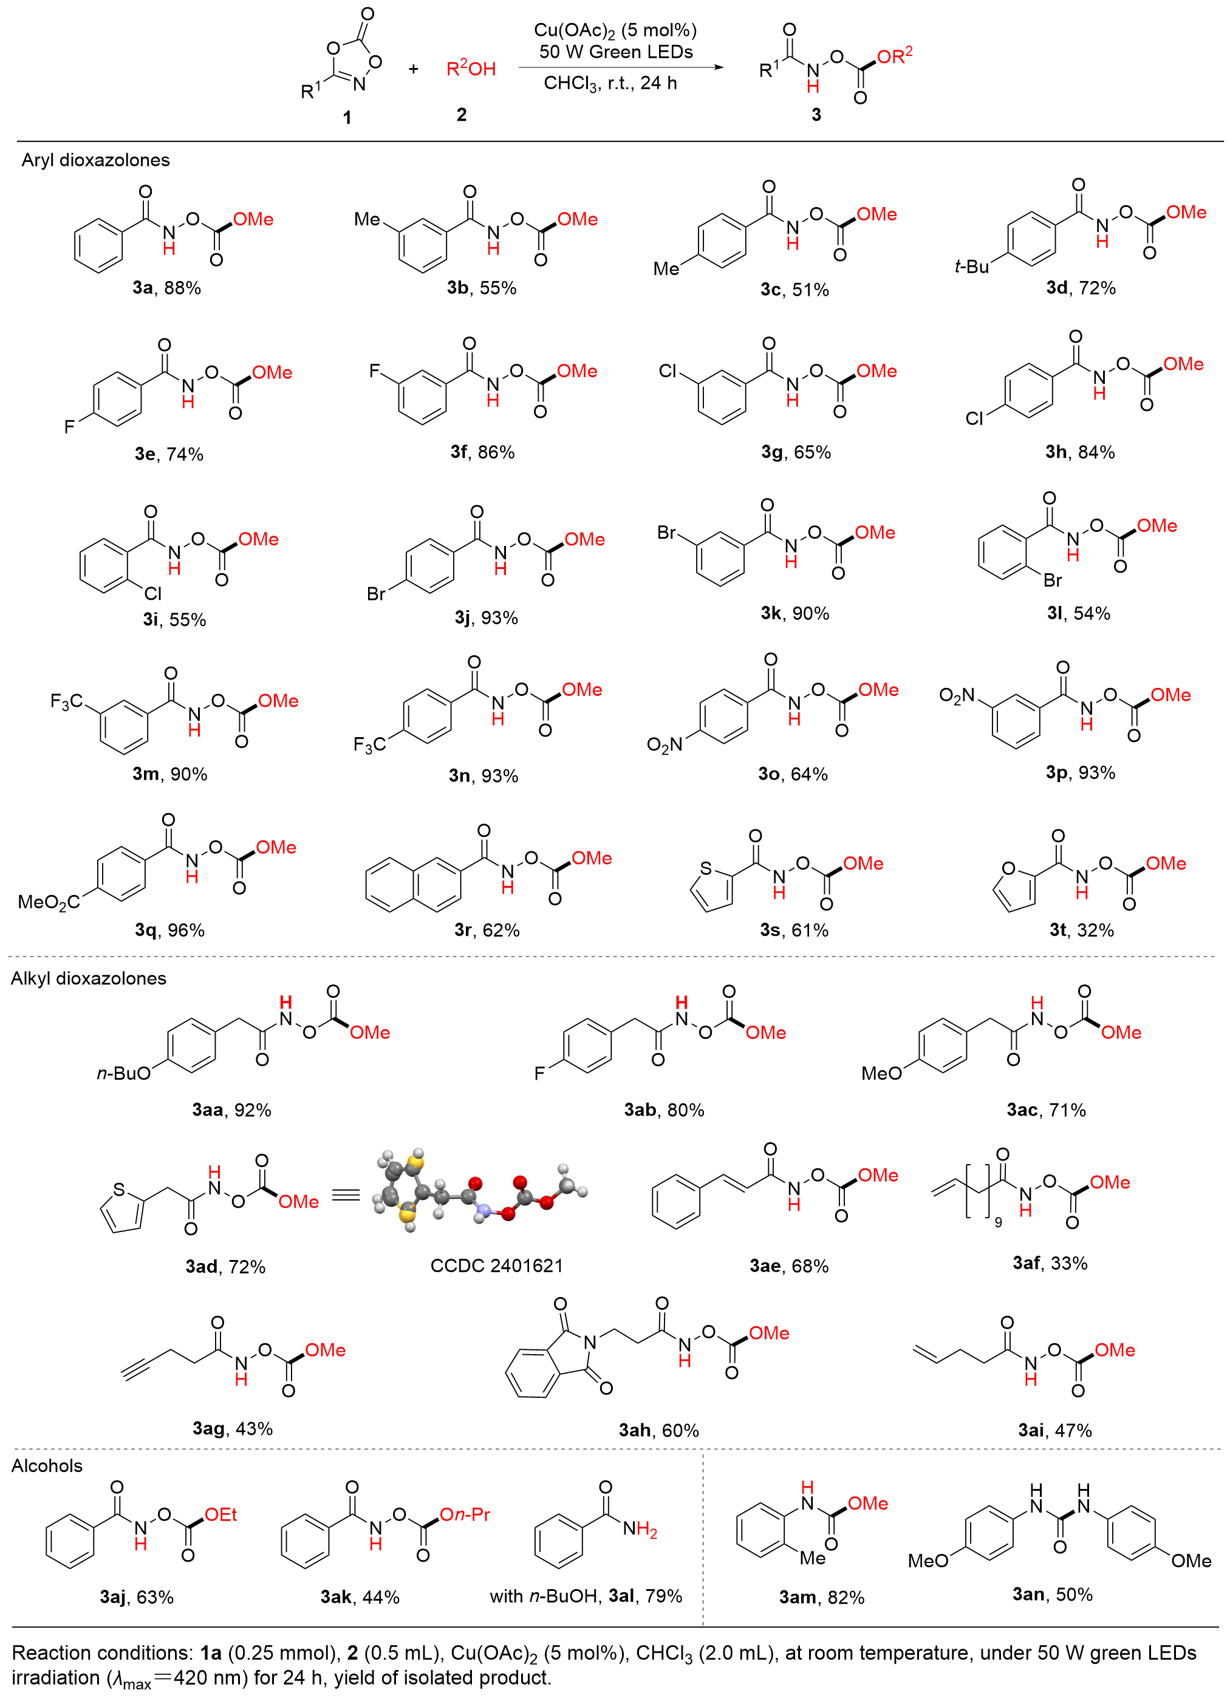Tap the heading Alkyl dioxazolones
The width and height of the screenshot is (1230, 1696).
(x=88, y=978)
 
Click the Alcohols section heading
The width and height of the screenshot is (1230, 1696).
(x=46, y=1466)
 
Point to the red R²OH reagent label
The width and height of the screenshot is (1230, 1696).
(x=471, y=69)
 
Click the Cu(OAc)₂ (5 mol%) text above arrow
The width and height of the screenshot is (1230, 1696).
(x=615, y=30)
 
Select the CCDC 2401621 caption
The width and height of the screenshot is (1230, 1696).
(x=496, y=1265)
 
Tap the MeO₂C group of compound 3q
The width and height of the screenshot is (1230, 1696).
(x=49, y=902)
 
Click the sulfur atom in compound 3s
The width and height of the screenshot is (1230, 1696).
(x=706, y=869)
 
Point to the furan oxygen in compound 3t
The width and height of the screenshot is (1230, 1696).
(x=1008, y=869)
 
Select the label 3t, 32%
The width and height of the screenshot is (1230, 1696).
(x=1081, y=930)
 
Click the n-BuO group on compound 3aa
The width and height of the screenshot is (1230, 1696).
(x=123, y=1074)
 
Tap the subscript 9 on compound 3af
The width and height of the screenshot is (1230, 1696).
(x=998, y=1222)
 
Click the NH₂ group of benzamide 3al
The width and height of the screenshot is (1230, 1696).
(x=640, y=1530)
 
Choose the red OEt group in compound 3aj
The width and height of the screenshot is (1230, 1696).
(x=220, y=1514)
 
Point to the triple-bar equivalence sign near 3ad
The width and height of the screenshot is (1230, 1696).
(x=346, y=1194)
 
